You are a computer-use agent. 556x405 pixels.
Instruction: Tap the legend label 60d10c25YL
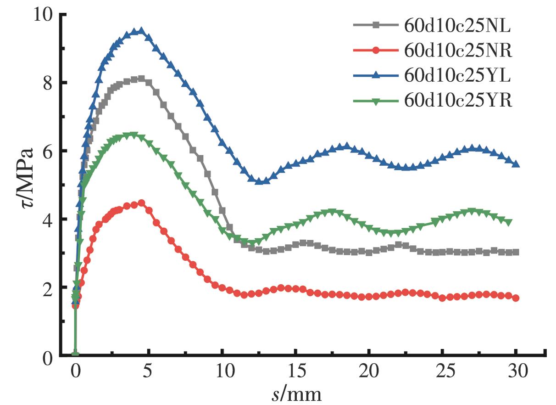pos(457,76)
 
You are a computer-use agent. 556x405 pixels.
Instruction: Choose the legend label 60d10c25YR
pos(458,101)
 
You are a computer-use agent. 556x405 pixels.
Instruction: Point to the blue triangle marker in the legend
pos(375,76)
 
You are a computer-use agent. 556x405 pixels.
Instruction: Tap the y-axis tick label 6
pos(49,151)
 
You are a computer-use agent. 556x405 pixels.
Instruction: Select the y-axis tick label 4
pos(49,219)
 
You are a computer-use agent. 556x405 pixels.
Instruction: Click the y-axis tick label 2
pos(49,288)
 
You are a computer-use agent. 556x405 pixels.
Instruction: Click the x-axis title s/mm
pos(296,393)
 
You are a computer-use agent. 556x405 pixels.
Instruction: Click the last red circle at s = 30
pos(516,298)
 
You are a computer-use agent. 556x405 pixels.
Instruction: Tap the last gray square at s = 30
pos(516,252)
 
